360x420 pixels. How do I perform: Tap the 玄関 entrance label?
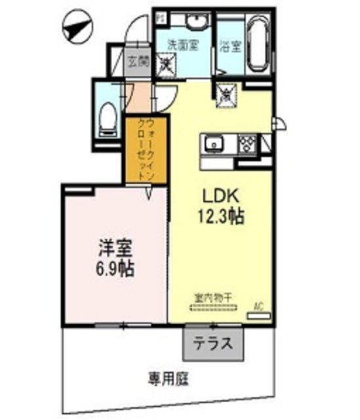pos(138,64)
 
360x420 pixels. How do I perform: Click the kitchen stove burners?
pos(248,143)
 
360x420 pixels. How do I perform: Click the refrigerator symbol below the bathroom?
pos(226,94)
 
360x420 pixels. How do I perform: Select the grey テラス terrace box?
pos(212,343)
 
